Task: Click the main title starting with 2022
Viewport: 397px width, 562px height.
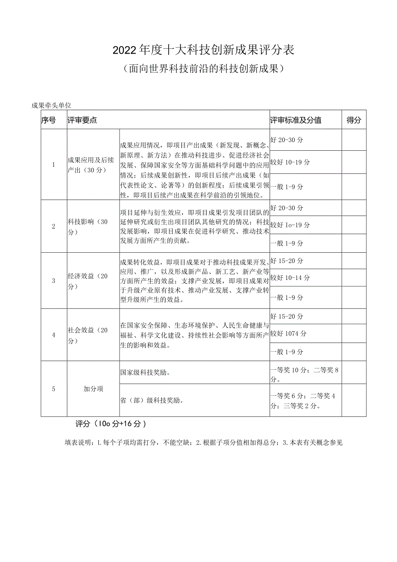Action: tap(203, 50)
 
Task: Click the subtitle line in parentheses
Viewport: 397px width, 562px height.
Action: tap(203, 68)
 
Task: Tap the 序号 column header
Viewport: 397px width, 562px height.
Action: tap(49, 121)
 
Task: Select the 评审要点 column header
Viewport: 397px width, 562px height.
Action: tap(82, 121)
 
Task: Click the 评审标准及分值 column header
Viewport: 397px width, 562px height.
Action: tap(296, 121)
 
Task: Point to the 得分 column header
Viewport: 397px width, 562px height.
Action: tap(354, 121)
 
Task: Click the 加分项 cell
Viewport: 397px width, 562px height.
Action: tap(93, 389)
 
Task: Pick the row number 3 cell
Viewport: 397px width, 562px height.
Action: tap(54, 281)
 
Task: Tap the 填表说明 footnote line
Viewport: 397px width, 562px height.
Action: tap(203, 443)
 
